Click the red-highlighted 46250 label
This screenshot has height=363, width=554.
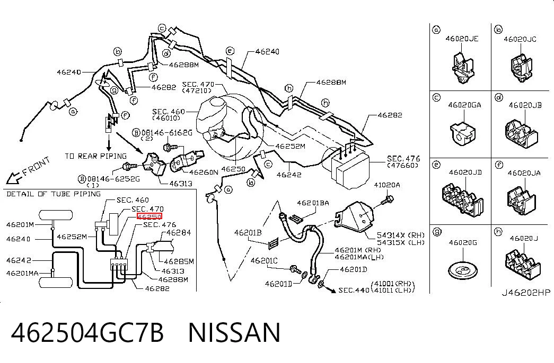coord(150,216)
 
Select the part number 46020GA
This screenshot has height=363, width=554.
coord(464,105)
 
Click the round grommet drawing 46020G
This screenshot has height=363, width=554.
coord(462,270)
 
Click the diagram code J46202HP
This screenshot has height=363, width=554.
coord(526,293)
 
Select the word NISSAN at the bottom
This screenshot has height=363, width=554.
coord(234,333)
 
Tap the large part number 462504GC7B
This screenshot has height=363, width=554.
coord(87,333)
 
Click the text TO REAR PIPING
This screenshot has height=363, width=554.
coord(96,156)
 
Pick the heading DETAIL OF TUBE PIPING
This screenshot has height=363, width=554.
coord(54,194)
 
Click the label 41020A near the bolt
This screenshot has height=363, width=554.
coord(387,185)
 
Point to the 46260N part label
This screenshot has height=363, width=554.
coord(204,172)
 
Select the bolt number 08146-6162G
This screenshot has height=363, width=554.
coord(167,133)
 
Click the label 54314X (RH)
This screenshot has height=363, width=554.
coord(401,235)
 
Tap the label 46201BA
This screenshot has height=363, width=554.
coord(313,203)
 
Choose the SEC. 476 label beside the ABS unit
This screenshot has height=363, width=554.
coord(403,158)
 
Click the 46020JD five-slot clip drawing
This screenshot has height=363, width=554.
coord(462,199)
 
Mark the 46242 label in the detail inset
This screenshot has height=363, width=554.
coord(19,260)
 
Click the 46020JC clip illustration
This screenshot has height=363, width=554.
coord(521,68)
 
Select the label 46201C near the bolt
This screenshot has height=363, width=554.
coord(264,261)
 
